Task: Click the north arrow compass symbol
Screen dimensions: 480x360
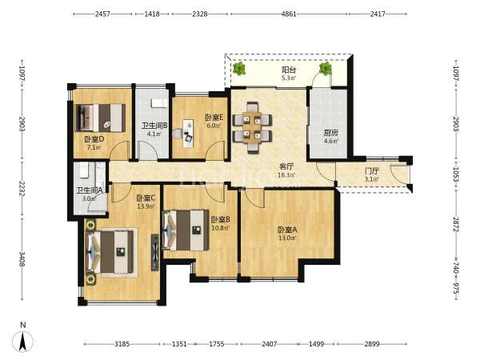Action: [x=22, y=341]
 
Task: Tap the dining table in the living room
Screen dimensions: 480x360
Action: [x=253, y=127]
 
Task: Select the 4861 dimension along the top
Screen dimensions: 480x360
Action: [x=289, y=14]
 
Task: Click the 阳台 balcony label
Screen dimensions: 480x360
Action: [x=288, y=70]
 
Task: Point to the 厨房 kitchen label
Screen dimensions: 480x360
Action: [x=331, y=133]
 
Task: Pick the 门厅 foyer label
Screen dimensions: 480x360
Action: [x=372, y=170]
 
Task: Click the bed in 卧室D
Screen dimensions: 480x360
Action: [x=101, y=118]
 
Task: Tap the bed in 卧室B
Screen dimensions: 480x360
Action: [x=186, y=230]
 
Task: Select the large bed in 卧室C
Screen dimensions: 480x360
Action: [x=111, y=252]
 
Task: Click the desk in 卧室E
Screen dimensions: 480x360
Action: [x=188, y=134]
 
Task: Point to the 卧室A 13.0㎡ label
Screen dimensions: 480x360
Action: [x=287, y=234]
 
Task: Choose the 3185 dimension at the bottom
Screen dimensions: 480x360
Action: [x=122, y=344]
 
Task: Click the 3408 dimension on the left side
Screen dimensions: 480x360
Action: [x=22, y=259]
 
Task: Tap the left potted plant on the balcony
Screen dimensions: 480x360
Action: [x=238, y=68]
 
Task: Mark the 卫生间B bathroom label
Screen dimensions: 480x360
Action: [x=154, y=126]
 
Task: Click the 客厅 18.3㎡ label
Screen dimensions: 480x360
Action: [x=286, y=170]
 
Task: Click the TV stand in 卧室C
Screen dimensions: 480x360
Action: [x=155, y=253]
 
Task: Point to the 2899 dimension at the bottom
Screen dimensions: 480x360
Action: [x=372, y=344]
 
